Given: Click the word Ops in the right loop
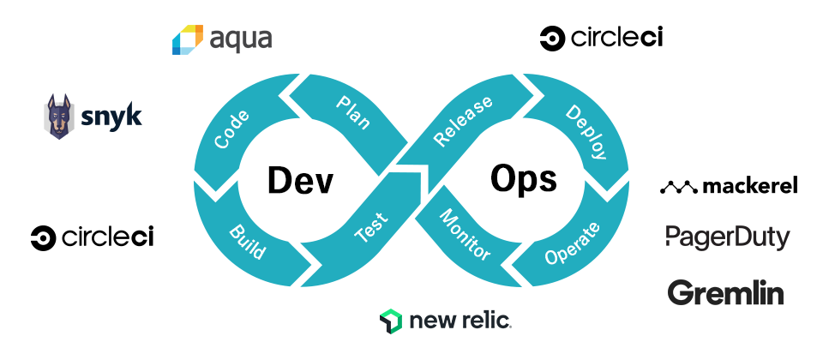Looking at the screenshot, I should [524, 179].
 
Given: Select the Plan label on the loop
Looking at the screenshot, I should [352, 113].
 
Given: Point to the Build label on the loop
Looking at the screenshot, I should [247, 243].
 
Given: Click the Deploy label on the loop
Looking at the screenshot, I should [586, 133].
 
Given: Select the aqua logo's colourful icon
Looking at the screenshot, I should [187, 40].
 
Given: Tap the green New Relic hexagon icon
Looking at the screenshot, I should [391, 321].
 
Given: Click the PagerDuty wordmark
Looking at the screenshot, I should [727, 237].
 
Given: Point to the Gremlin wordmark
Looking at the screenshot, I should [725, 293].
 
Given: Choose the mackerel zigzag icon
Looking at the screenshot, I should [678, 186].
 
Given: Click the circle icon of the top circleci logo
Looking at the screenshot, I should [551, 38].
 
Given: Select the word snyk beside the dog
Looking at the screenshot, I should [111, 117].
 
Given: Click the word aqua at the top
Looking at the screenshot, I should [241, 40].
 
